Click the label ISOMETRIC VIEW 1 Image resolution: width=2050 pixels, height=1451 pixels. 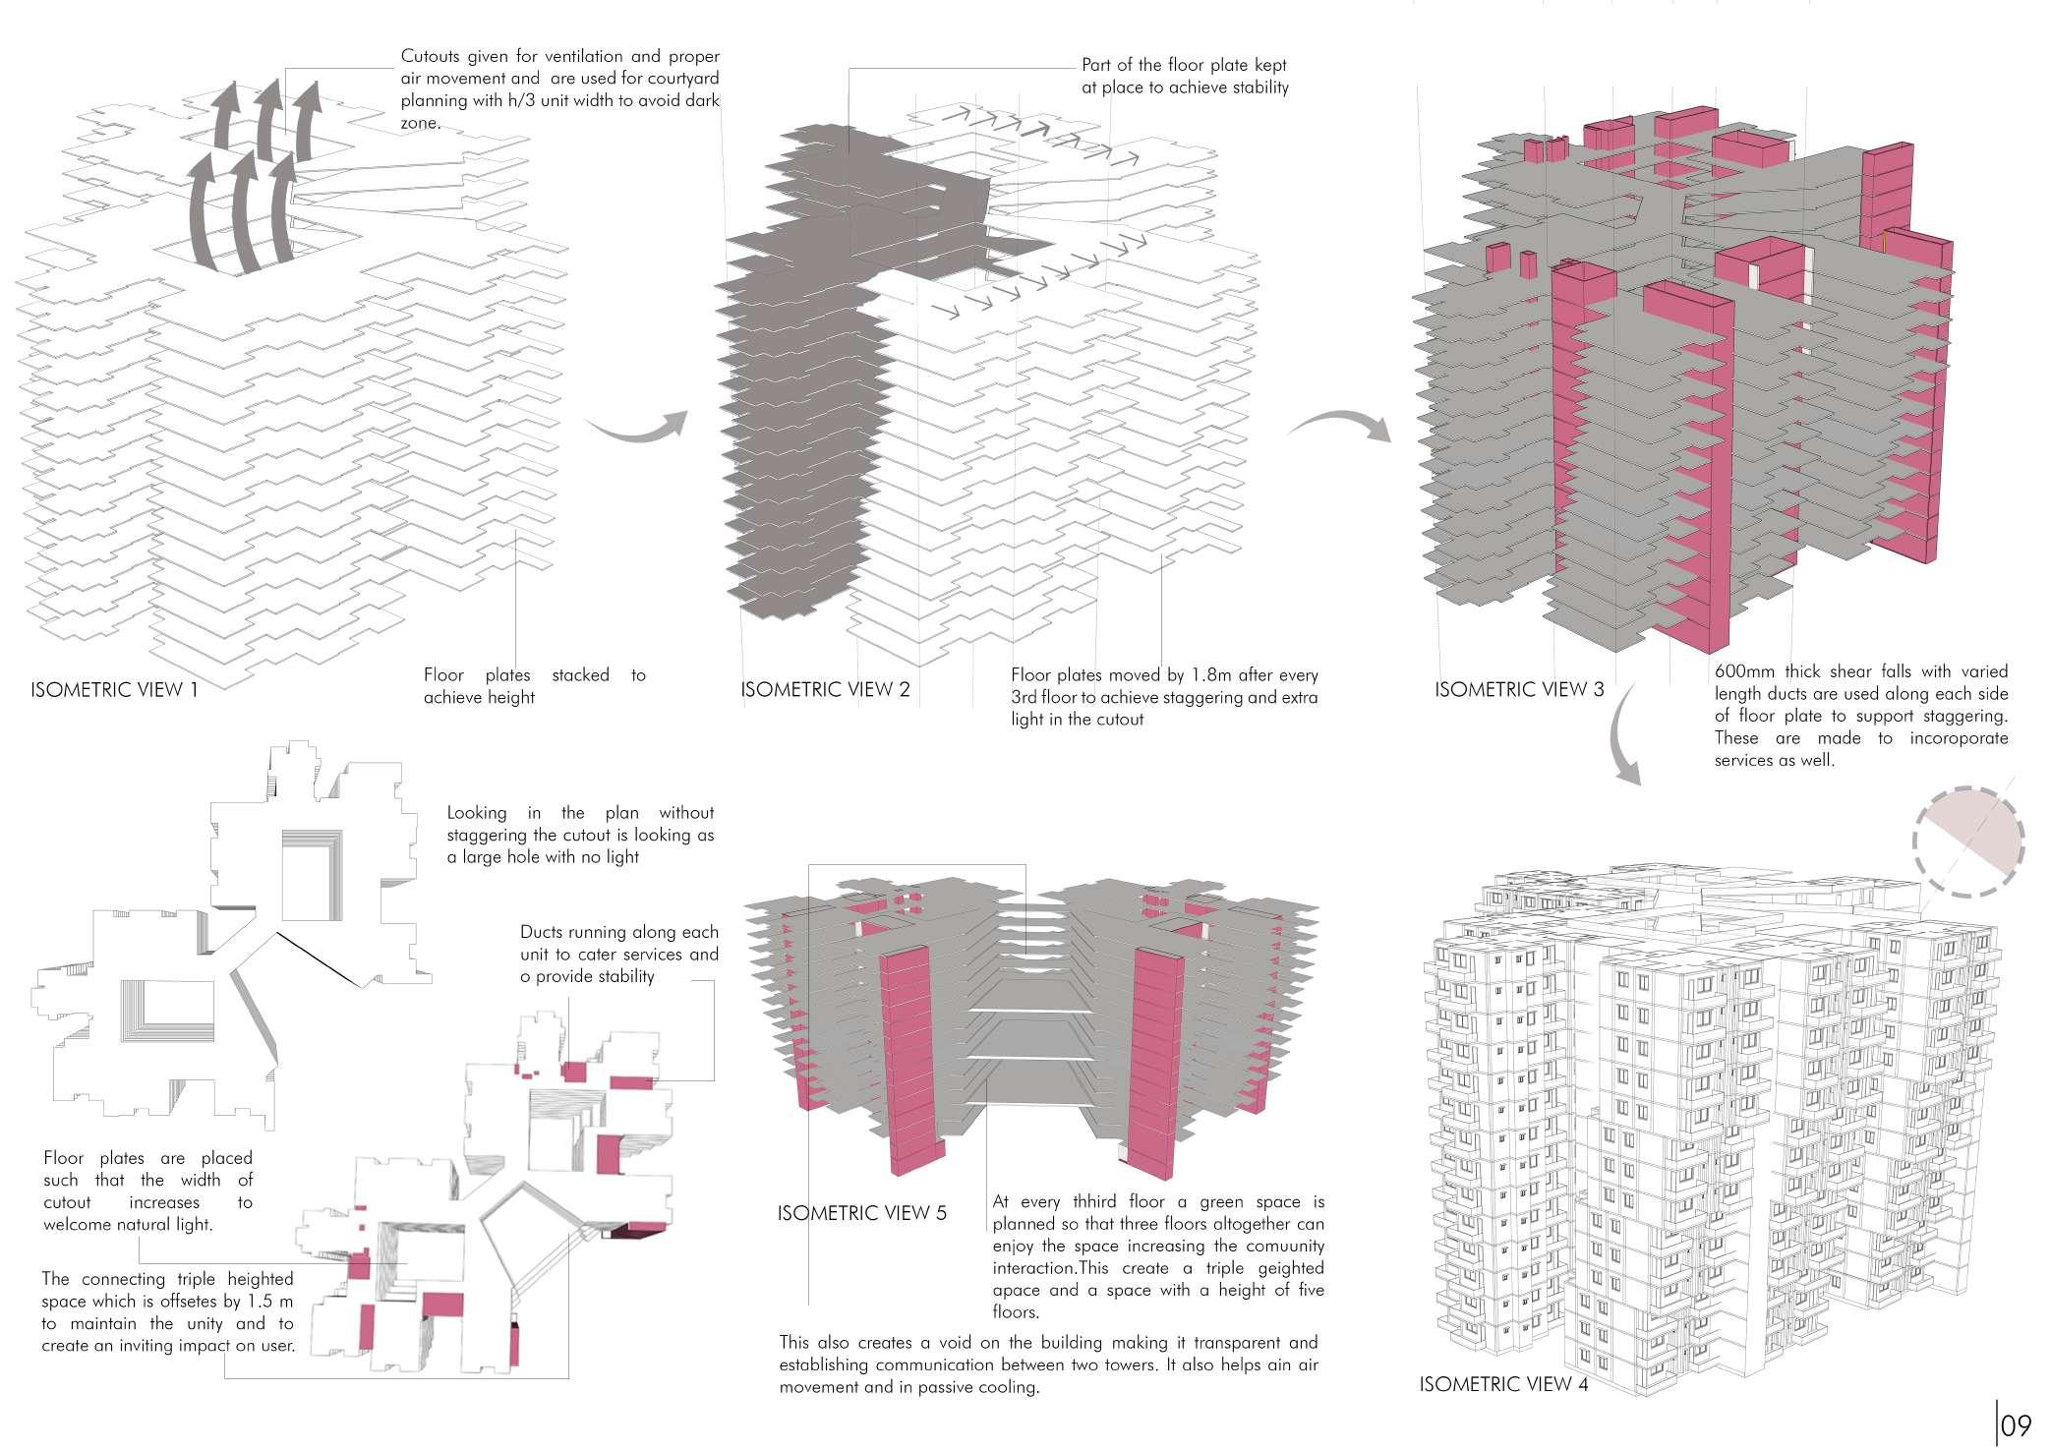tap(114, 690)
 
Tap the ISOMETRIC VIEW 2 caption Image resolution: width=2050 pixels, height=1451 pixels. tap(825, 690)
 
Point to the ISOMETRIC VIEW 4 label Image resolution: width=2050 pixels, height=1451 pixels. tap(1503, 1385)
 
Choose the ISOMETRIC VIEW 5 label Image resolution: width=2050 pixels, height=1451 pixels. tap(861, 1213)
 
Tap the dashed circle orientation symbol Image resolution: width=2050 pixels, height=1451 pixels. tap(1968, 841)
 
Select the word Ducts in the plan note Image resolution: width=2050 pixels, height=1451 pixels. tap(542, 932)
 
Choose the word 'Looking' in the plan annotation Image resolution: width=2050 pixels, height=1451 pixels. tap(477, 813)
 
